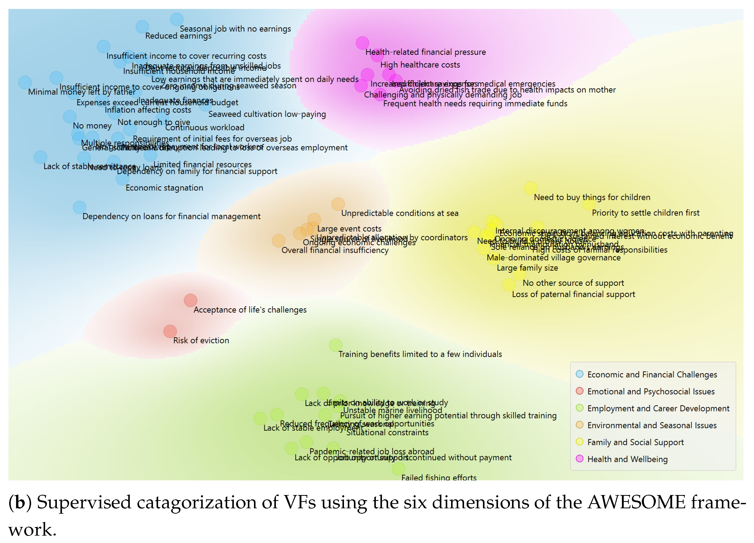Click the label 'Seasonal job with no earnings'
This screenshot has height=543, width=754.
point(235,29)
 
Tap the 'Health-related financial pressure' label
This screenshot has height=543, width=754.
point(425,52)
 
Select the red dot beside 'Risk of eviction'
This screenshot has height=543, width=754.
point(170,331)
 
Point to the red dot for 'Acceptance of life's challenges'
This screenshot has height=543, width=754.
point(190,300)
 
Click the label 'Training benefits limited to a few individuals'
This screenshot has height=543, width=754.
point(420,354)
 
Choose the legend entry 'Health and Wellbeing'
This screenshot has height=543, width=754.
point(627,459)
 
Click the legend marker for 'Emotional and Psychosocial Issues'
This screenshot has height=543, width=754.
point(580,391)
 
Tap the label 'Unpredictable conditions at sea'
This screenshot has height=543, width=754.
point(400,213)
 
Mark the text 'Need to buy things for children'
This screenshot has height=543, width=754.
point(592,197)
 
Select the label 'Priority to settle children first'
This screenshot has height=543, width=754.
point(645,213)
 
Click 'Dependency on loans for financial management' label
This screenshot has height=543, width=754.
point(171,216)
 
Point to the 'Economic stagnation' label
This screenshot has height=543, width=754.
point(164,188)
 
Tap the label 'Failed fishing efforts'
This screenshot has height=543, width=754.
point(439,477)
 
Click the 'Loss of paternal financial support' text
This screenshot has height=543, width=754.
point(573,294)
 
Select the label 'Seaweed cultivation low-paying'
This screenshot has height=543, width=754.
point(267,114)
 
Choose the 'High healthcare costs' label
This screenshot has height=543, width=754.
point(420,65)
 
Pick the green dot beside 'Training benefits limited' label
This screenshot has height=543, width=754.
point(336,345)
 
